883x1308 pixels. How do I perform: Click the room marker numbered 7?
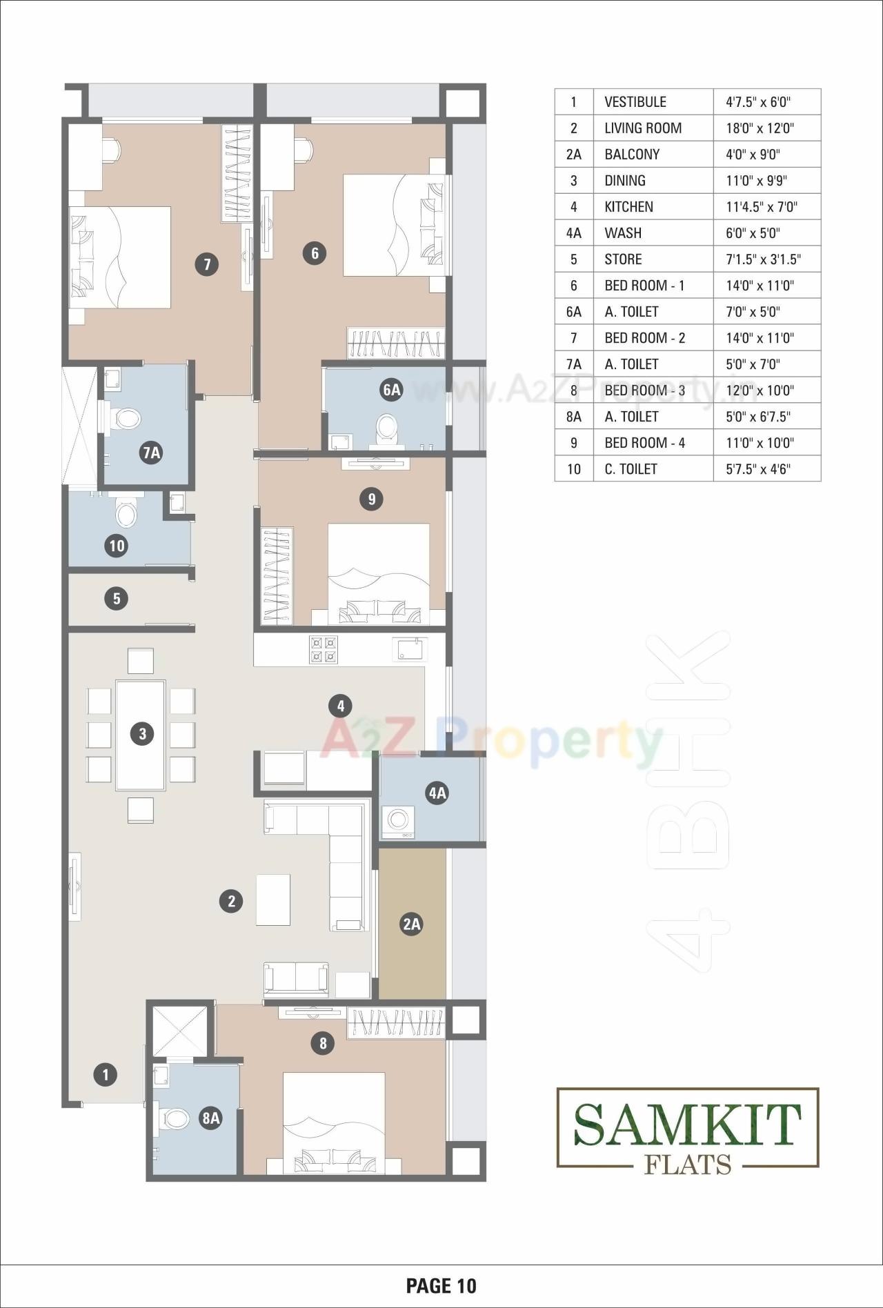(x=206, y=264)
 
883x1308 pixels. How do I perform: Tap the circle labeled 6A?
(x=391, y=390)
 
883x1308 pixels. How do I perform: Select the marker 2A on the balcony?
(x=411, y=924)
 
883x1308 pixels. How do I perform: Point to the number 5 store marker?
(x=116, y=598)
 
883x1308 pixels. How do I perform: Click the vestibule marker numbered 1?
(x=105, y=1074)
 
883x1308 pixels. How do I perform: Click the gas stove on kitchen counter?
(x=324, y=649)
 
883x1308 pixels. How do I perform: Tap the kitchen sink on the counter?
(x=410, y=649)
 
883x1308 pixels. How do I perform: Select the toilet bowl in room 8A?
(x=175, y=1118)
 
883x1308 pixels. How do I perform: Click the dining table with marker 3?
(x=141, y=734)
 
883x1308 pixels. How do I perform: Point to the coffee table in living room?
(x=273, y=900)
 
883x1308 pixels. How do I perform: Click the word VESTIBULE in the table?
(x=635, y=102)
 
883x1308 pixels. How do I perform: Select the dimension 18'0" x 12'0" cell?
(x=760, y=128)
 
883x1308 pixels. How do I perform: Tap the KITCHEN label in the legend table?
(x=628, y=207)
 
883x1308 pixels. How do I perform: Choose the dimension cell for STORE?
(x=762, y=259)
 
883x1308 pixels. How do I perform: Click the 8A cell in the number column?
(x=573, y=417)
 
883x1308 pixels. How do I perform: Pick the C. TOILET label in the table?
(x=631, y=469)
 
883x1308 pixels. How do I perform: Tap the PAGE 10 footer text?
(x=441, y=1285)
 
